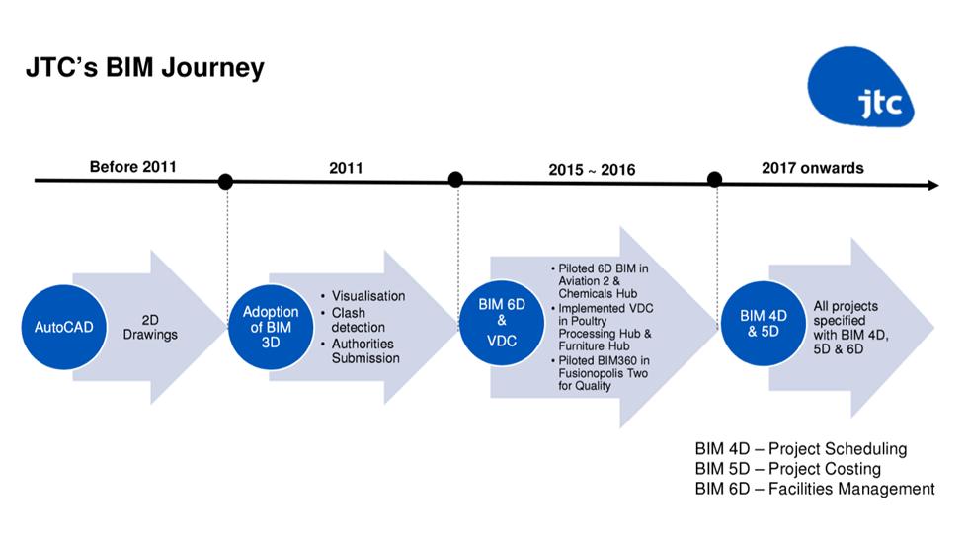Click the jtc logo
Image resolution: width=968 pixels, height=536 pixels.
click(x=860, y=86)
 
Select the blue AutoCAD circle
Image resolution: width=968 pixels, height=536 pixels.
click(x=63, y=327)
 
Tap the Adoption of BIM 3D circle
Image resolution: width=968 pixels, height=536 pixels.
click(x=271, y=327)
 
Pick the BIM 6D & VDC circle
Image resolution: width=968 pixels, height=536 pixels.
click(x=502, y=323)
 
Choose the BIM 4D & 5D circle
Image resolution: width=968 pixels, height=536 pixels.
click(x=763, y=323)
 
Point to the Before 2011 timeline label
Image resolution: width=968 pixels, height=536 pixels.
click(x=132, y=167)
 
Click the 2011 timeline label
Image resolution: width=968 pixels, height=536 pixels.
click(x=346, y=168)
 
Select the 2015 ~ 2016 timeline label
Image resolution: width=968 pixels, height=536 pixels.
click(x=592, y=170)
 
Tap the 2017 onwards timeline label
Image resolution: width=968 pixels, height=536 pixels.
click(x=812, y=168)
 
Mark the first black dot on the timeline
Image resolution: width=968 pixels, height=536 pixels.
click(x=225, y=182)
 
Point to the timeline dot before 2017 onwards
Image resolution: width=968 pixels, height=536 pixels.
click(x=714, y=179)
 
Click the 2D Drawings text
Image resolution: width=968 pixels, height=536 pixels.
click(x=150, y=327)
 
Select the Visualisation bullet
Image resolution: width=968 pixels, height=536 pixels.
click(x=363, y=296)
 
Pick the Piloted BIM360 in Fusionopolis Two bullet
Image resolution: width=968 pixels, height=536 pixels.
click(x=600, y=373)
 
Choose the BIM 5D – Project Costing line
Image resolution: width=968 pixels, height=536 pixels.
click(x=788, y=469)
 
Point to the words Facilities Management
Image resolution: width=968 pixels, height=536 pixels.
click(x=851, y=489)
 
